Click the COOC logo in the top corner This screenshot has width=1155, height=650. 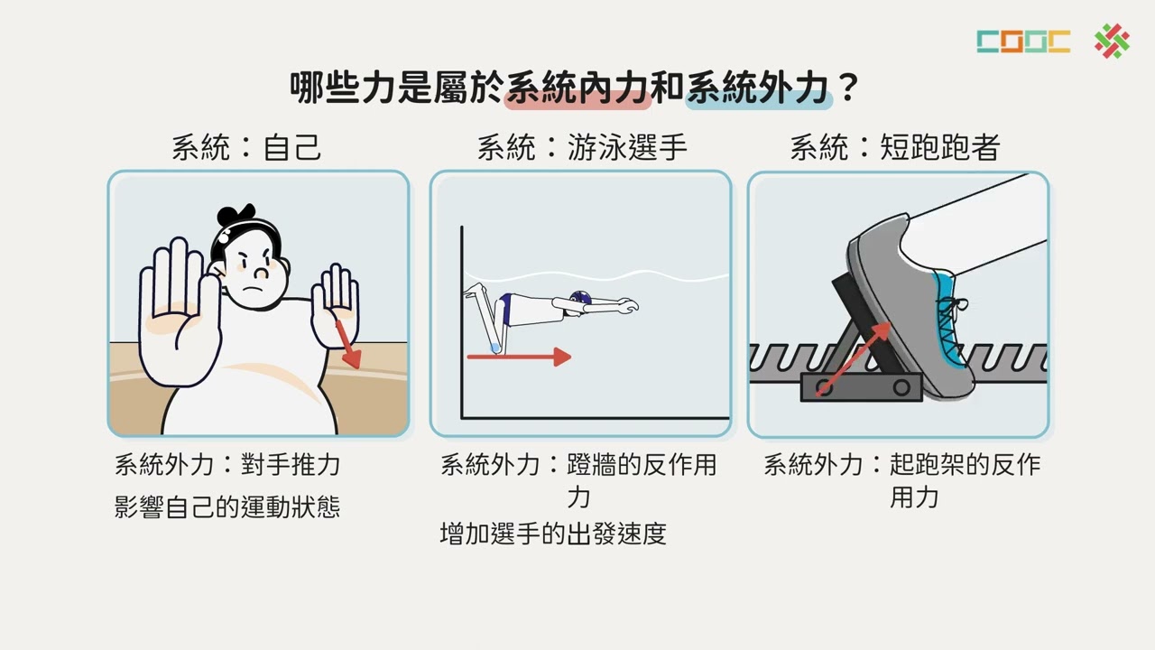1022,42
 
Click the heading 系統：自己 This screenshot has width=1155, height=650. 246,147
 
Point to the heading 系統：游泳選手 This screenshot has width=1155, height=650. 582,147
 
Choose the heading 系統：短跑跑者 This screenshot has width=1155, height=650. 894,147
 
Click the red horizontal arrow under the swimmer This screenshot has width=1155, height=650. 519,357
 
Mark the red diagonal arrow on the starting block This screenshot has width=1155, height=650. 853,359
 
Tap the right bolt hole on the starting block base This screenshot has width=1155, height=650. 901,388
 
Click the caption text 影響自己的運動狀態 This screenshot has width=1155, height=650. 227,506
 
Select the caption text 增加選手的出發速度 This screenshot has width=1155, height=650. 553,534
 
